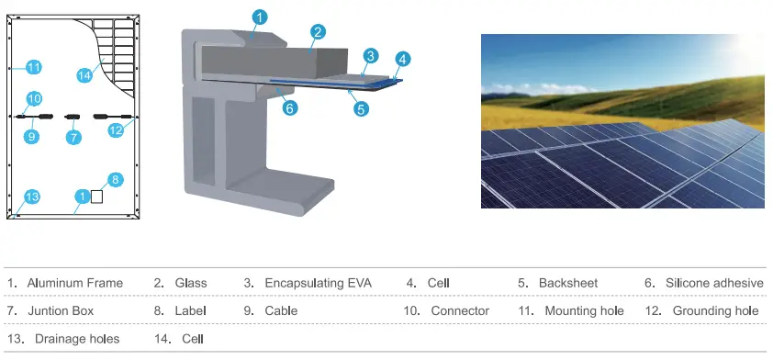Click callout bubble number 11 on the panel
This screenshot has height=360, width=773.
point(34,67)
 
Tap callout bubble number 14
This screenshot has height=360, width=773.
point(84,75)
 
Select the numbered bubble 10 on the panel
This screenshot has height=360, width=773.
point(34,98)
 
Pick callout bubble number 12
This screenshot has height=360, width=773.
point(116,130)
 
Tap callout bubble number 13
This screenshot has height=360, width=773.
point(32,197)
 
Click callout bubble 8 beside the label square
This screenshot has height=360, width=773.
point(115,179)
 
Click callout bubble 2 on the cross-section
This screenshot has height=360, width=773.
point(317,32)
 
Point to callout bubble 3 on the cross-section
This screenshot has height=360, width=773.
point(369,56)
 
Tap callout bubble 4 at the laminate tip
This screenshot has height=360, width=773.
point(401,60)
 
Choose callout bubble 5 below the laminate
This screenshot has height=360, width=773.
point(361,108)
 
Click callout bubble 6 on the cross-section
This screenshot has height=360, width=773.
point(289,107)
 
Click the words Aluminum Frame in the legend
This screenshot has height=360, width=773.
point(74,283)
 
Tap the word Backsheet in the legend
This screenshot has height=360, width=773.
point(568,283)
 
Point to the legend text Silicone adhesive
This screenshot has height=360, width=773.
point(714,283)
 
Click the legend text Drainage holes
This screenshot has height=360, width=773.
point(77,339)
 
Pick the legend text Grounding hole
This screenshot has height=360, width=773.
point(715,311)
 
